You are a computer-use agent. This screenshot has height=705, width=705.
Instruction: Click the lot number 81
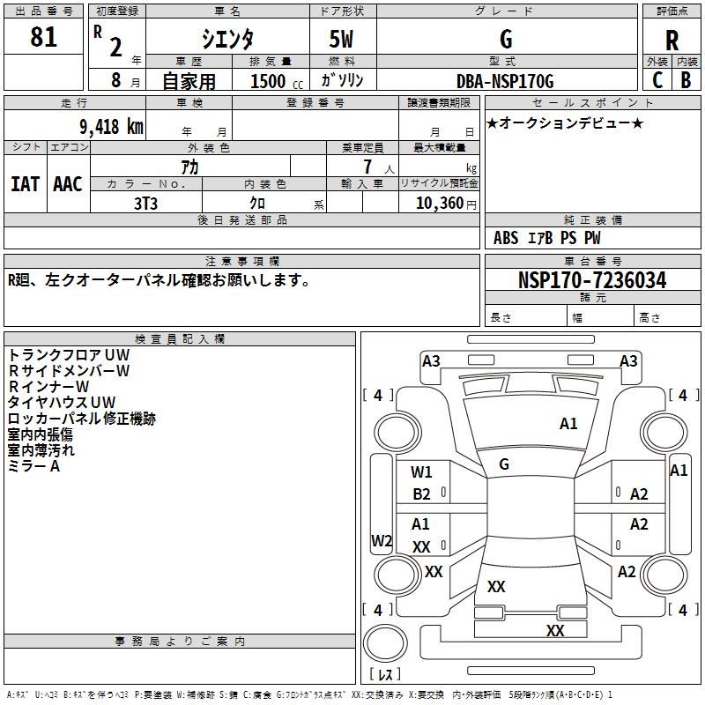(43, 38)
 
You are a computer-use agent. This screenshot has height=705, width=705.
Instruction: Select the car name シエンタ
(228, 39)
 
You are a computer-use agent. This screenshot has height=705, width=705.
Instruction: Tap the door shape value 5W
(342, 40)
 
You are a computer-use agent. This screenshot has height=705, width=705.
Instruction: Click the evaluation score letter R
(672, 41)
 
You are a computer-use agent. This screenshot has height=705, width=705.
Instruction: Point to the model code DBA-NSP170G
(505, 81)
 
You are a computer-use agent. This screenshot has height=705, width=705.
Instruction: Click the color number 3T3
(146, 203)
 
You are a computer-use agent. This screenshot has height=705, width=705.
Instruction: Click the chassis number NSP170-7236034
(592, 280)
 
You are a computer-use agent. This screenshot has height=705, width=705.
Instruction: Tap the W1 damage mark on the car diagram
(421, 471)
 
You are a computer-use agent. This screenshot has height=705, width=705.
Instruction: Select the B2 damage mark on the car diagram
(421, 494)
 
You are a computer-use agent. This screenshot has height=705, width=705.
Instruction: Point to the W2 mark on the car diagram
(382, 540)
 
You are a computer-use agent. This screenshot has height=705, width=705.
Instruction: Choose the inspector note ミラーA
(34, 466)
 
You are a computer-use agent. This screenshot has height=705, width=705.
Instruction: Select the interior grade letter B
(686, 80)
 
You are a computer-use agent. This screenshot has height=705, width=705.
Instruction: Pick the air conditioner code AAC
(68, 184)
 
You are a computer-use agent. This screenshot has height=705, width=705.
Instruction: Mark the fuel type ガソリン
(343, 80)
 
